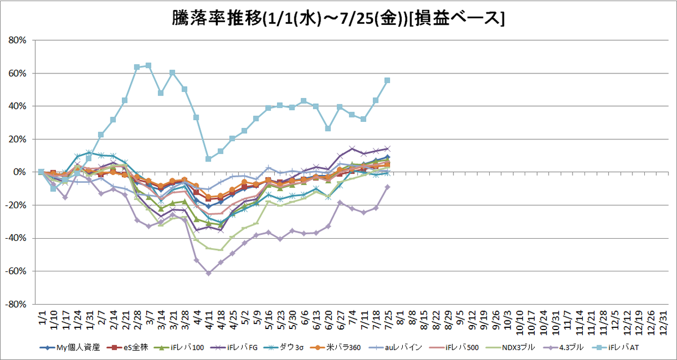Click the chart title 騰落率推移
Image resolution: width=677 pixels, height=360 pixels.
tap(217, 19)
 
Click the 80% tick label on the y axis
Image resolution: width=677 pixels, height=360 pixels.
tap(17, 40)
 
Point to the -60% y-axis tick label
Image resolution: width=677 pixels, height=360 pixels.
tap(16, 271)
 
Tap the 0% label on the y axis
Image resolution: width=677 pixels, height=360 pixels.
tap(20, 172)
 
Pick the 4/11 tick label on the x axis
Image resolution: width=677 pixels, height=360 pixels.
tap(209, 321)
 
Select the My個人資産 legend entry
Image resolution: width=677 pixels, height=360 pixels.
tap(69, 348)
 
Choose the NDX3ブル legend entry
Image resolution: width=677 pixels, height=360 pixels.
tap(510, 348)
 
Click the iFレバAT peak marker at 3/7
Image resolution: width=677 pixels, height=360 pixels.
tap(148, 65)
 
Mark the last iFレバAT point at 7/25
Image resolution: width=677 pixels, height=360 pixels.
tap(387, 80)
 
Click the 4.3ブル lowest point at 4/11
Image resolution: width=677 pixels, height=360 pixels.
tap(209, 273)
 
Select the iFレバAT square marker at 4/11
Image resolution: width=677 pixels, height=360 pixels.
tap(208, 159)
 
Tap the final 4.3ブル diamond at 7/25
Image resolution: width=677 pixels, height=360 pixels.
tap(388, 187)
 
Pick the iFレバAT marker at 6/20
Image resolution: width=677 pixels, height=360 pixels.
tap(328, 129)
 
